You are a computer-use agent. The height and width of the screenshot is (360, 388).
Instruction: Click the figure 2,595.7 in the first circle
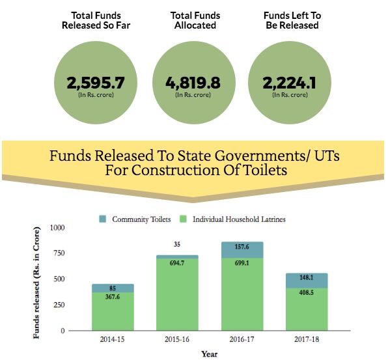click(96, 83)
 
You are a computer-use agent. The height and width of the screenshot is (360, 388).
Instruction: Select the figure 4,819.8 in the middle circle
click(193, 83)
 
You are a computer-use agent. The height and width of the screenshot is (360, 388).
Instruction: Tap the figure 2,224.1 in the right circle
click(289, 83)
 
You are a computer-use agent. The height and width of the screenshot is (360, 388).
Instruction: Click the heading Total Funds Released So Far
click(96, 20)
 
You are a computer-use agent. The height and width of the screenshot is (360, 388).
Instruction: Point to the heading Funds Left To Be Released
click(292, 20)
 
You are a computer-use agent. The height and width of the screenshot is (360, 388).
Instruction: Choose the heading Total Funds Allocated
click(195, 20)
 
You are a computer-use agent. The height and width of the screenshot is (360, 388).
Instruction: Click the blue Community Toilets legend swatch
click(102, 219)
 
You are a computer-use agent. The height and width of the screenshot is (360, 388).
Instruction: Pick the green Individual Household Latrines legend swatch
click(183, 219)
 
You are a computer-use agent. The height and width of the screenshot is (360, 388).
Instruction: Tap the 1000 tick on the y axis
click(57, 228)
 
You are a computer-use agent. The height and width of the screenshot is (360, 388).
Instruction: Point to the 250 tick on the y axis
click(59, 305)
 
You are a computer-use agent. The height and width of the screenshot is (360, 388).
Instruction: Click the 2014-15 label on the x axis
click(112, 339)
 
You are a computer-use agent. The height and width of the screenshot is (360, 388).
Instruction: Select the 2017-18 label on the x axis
click(307, 339)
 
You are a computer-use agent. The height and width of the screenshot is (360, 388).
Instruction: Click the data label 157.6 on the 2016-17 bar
click(242, 247)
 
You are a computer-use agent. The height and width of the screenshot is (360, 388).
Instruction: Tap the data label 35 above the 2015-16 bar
click(177, 245)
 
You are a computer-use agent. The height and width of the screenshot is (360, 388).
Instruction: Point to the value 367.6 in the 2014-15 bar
click(113, 297)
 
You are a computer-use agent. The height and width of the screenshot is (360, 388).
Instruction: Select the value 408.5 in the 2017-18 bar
click(307, 293)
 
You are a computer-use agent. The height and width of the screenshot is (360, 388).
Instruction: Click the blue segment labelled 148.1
click(307, 281)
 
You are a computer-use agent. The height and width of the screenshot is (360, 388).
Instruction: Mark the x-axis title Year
click(209, 354)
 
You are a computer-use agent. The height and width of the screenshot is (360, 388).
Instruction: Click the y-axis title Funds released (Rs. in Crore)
click(36, 283)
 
